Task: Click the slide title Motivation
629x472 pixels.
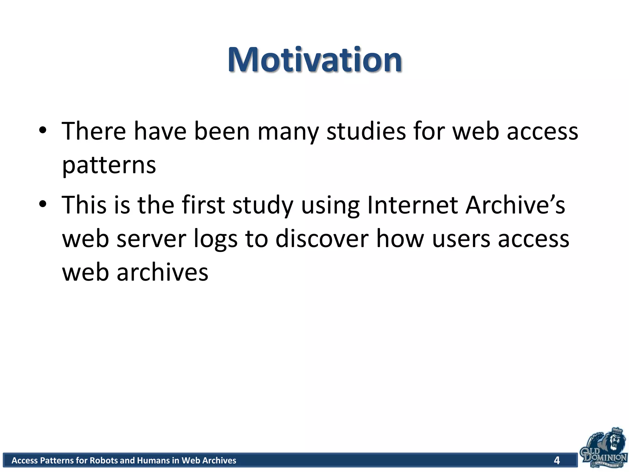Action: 314,60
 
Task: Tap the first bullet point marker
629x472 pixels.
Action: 43,131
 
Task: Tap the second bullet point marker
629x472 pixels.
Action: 43,204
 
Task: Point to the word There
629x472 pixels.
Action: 94,132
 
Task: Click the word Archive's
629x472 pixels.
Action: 515,205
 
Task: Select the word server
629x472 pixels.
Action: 151,239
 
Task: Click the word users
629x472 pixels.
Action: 461,239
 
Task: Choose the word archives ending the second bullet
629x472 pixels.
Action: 162,273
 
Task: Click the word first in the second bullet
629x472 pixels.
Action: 203,205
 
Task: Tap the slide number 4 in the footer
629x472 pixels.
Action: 557,460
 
